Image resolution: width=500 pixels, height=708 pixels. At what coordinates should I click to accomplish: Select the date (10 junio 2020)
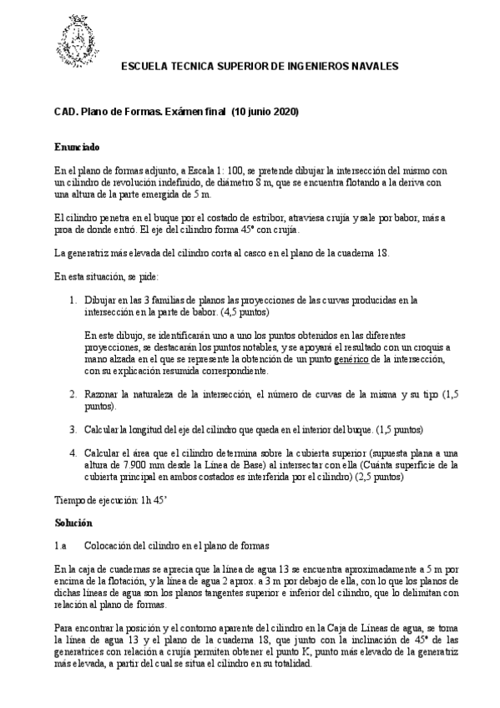[265, 112]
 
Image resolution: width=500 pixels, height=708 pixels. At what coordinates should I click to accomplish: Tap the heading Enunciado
[77, 147]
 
